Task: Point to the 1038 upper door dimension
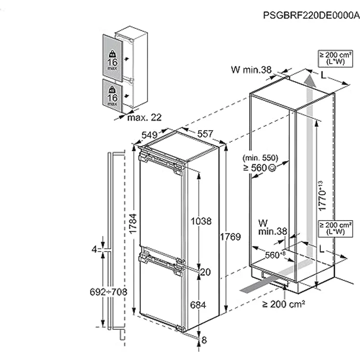click(x=202, y=221)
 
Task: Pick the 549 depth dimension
click(x=149, y=135)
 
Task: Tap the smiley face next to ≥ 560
click(x=271, y=168)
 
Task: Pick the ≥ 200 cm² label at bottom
click(x=284, y=304)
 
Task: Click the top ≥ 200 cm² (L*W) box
click(x=335, y=59)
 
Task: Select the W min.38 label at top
click(x=251, y=70)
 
